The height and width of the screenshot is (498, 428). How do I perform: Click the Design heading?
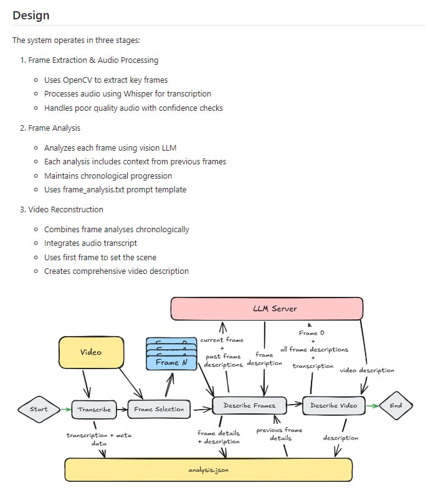click(x=31, y=15)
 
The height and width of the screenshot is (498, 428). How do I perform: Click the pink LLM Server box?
click(x=267, y=309)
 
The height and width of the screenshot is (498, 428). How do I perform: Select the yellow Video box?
click(x=91, y=352)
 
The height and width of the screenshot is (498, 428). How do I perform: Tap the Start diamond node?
click(x=39, y=409)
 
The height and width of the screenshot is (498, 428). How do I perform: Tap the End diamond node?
click(x=396, y=405)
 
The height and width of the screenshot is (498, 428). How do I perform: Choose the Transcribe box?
click(x=95, y=410)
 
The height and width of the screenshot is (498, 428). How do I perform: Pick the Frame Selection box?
click(x=159, y=410)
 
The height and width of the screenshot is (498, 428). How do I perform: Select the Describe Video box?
click(x=334, y=405)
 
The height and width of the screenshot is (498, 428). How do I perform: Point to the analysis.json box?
click(x=209, y=470)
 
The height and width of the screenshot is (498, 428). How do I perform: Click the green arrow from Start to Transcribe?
click(x=65, y=410)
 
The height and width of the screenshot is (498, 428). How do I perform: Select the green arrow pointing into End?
click(x=372, y=406)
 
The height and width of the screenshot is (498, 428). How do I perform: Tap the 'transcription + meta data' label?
click(x=99, y=439)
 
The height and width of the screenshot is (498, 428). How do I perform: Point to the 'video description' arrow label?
click(x=367, y=370)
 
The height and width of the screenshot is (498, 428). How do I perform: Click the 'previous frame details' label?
click(x=279, y=434)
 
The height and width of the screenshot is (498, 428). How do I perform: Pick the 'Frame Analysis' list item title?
click(x=54, y=128)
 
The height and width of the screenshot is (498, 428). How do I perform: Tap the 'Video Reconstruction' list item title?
click(x=65, y=209)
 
